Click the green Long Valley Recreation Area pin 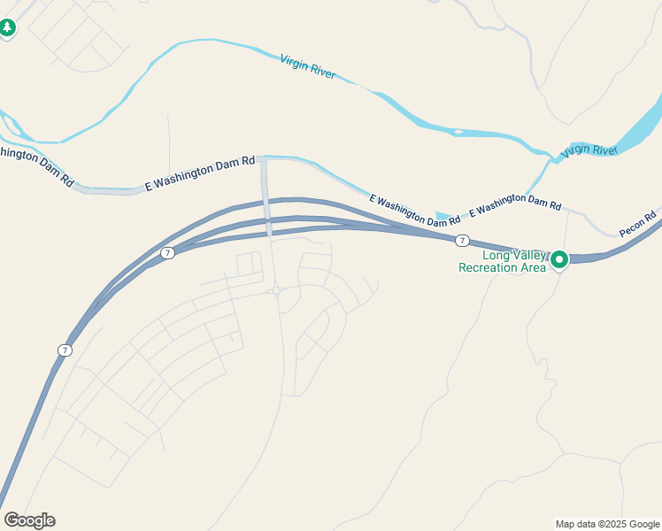(559, 260)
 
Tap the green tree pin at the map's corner (7, 28)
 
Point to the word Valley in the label (519, 255)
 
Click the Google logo (29, 520)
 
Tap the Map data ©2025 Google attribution (607, 524)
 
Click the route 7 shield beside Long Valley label (462, 241)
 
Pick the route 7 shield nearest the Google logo (65, 350)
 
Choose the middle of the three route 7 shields (168, 253)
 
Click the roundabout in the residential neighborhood (276, 289)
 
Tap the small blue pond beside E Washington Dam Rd (445, 216)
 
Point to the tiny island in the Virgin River (458, 133)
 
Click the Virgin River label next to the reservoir (589, 150)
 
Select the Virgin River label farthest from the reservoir (307, 66)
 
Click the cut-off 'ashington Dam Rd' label (35, 165)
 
